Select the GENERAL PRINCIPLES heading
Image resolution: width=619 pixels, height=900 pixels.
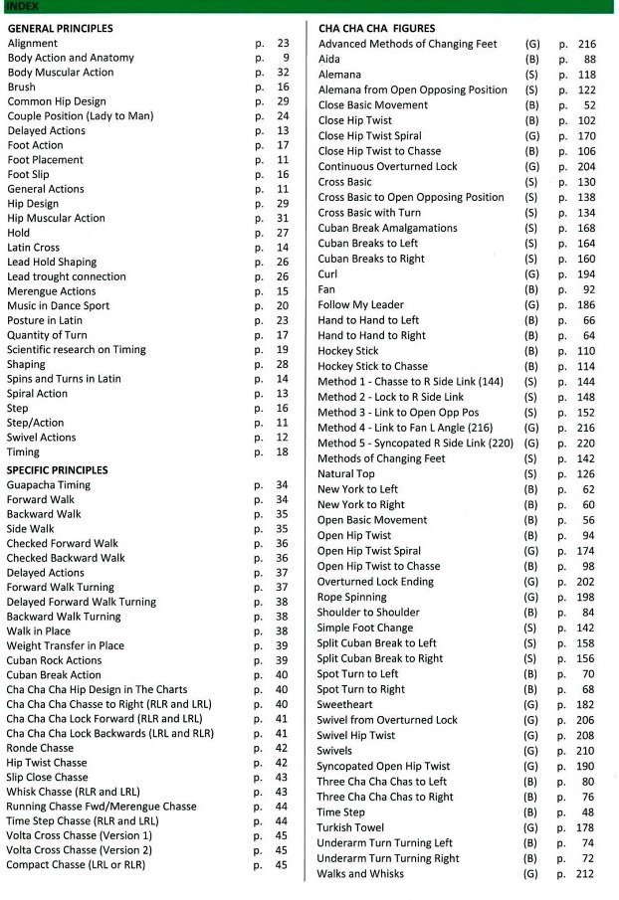point(60,29)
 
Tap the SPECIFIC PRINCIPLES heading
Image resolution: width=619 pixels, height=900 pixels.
point(57,469)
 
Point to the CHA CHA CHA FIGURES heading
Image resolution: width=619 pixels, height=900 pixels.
point(377,29)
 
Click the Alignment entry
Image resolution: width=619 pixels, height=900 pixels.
point(32,44)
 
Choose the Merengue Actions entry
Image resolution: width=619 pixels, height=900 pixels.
point(52,291)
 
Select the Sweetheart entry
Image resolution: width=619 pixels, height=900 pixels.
point(345,704)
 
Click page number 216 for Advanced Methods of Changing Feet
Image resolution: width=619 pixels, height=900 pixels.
point(586,45)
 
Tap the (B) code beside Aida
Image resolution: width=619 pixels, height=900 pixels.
point(532,60)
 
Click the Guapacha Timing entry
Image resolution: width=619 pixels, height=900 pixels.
point(49,485)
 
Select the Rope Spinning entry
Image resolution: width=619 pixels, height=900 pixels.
point(353,597)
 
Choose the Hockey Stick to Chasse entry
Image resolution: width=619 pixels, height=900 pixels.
point(372,366)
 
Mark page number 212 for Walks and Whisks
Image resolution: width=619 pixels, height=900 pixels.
point(586,874)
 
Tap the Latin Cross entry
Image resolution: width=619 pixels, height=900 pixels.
point(34,248)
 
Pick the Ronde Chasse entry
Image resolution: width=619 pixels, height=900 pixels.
point(40,748)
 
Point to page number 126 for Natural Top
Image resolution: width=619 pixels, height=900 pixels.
point(586,473)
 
